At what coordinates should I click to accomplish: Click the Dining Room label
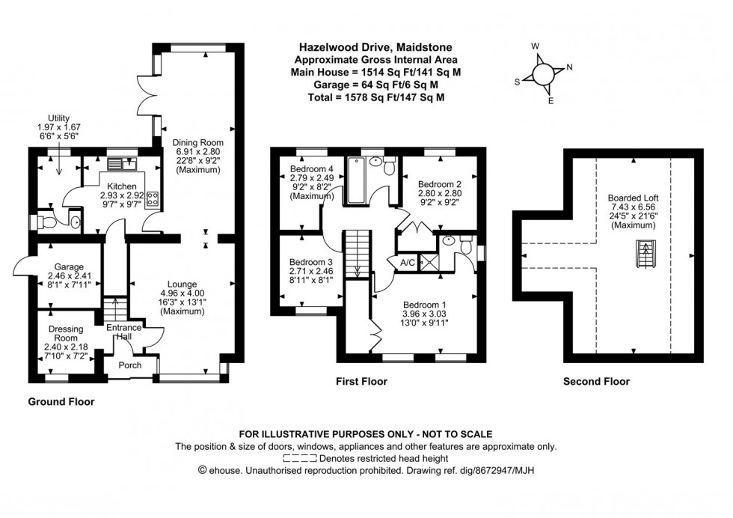coord(198,142)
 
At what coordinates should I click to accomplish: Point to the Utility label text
coord(59,118)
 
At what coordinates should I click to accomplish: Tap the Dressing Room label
coord(66,334)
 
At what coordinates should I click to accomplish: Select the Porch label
coord(130,366)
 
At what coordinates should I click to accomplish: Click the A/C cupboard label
coord(408,262)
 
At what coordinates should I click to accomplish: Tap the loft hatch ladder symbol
coord(642,255)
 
